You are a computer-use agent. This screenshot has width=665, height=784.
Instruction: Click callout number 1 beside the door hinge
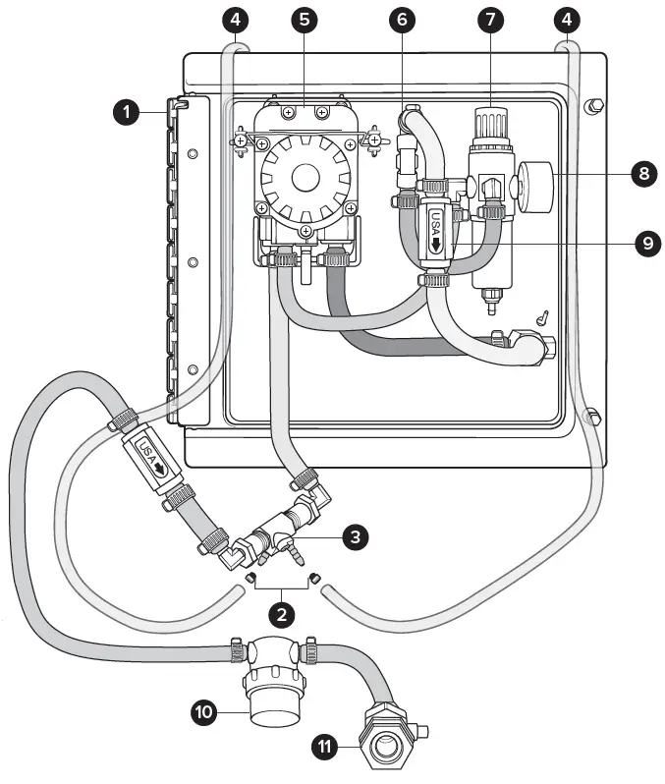pyautogui.click(x=126, y=112)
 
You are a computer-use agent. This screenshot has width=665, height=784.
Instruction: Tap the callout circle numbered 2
pyautogui.click(x=282, y=616)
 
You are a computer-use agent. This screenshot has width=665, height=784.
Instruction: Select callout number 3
pyautogui.click(x=357, y=536)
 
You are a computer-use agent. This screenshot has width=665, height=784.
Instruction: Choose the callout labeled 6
pyautogui.click(x=400, y=19)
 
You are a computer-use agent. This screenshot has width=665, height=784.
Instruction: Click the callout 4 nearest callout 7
pyautogui.click(x=565, y=19)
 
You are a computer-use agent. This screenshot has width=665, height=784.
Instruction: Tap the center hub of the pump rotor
pyautogui.click(x=306, y=178)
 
